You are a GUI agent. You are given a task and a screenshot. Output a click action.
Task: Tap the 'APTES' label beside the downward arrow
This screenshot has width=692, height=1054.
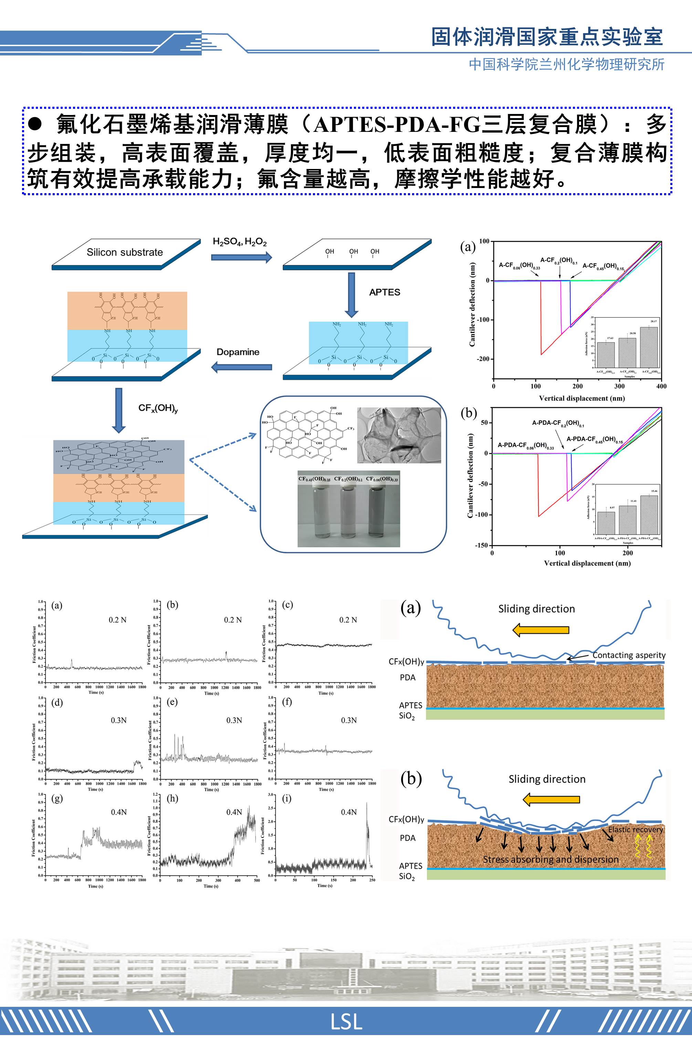click(x=384, y=292)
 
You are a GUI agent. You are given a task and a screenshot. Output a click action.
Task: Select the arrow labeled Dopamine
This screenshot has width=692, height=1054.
click(x=242, y=367)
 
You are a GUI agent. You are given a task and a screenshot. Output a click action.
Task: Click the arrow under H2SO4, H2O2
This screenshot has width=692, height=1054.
click(x=241, y=257)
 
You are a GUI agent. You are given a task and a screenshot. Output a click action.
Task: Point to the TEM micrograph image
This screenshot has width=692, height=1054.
click(x=399, y=435)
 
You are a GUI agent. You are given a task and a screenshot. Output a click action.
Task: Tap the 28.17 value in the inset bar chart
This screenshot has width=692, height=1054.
click(x=653, y=321)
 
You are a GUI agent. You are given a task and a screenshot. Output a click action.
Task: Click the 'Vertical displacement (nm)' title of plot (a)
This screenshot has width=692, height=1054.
click(x=581, y=398)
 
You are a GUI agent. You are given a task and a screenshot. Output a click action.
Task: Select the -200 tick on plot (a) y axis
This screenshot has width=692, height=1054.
click(x=483, y=359)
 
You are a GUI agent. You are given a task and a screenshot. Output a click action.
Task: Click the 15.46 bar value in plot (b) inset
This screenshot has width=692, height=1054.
click(x=654, y=491)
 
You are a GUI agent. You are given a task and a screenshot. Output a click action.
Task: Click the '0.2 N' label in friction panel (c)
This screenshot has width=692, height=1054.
click(x=348, y=620)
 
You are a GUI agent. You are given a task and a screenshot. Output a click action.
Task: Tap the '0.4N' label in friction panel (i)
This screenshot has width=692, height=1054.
click(x=348, y=812)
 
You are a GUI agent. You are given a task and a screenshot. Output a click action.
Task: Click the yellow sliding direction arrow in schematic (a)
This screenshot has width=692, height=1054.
click(x=541, y=630)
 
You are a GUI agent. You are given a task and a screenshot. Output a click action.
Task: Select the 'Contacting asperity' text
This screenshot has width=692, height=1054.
click(x=629, y=655)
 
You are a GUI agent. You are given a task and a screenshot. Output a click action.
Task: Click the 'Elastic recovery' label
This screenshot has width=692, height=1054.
click(x=635, y=829)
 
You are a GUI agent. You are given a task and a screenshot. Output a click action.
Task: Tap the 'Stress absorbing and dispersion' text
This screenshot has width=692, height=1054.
click(x=550, y=859)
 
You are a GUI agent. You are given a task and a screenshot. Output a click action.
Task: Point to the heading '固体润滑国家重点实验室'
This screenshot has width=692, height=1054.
click(x=547, y=37)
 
